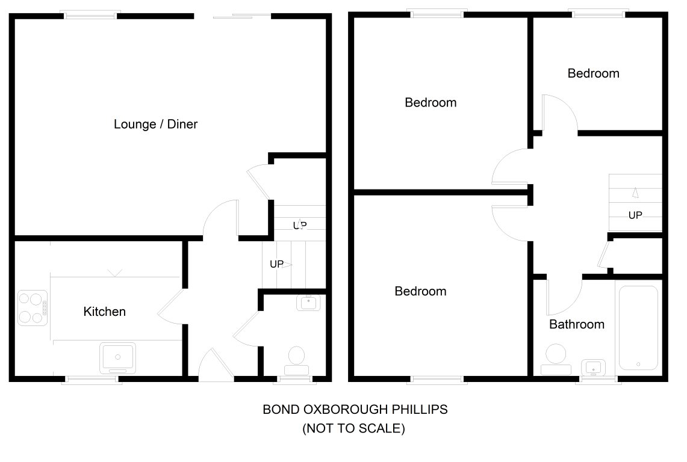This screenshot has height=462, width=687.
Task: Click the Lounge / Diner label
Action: pos(155,125)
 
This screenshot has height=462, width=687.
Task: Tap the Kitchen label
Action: pos(104,312)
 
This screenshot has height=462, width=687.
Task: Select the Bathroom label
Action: pos(577,324)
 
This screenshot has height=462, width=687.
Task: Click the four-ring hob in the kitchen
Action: pos(33,308)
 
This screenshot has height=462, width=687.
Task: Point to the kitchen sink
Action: pos(117,358)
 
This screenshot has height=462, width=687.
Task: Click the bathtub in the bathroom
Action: pos(638,328)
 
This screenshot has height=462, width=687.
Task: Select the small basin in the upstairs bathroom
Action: pos(593,368)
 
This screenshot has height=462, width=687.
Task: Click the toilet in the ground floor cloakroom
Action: pos(297,361)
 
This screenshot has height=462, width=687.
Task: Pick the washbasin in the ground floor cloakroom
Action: pos(308,302)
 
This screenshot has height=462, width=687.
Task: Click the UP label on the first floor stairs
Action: pos(635,215)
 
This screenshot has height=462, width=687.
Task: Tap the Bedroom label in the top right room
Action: pos(593,73)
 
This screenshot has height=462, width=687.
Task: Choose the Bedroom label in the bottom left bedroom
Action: pos(420,292)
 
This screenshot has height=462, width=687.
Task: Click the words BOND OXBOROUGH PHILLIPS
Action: pos(355,410)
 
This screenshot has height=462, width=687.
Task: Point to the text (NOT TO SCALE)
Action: pos(353,428)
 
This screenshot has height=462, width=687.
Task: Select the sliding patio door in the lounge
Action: pos(241,16)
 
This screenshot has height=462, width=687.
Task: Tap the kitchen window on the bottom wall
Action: pos(92,379)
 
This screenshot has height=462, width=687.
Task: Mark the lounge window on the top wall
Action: pos(91,15)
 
